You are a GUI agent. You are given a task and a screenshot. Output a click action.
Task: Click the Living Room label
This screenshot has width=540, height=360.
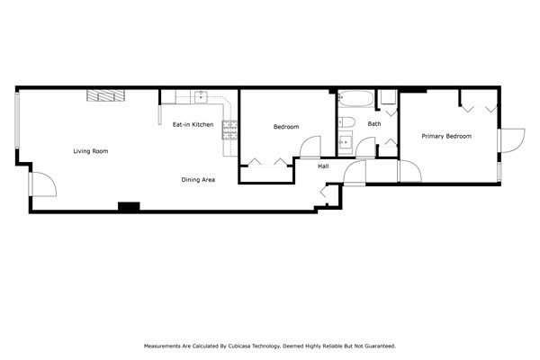point(91,151)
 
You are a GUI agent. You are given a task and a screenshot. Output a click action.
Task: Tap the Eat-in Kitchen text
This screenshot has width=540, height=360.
point(193,124)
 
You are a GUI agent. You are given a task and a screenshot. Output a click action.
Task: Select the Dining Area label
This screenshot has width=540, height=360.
point(198,180)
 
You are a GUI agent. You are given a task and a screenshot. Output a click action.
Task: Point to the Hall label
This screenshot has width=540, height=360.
point(323,166)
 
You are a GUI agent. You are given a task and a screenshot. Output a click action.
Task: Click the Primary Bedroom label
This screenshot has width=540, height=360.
point(446,136)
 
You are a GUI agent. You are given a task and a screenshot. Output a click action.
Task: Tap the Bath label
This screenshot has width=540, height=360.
point(373,124)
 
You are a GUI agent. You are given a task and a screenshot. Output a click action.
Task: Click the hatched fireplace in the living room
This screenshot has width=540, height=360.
point(106,95)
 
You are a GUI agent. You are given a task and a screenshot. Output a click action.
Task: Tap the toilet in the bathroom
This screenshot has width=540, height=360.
point(349,121)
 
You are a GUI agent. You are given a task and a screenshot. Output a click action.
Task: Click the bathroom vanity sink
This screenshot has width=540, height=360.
point(345,141)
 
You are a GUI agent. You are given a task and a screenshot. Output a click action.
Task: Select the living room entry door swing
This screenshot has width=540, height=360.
point(42,184)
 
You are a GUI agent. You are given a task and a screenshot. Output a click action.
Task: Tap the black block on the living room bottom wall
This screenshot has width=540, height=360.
point(129,207)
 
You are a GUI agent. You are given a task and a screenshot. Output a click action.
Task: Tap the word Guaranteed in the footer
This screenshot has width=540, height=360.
point(376,346)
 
